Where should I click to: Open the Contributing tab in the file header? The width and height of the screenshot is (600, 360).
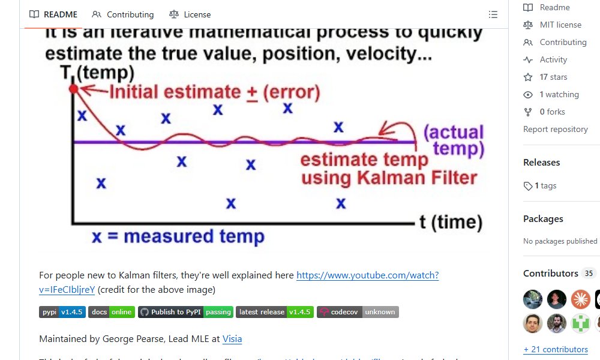[123, 14]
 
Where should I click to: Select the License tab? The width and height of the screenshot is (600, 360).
[190, 14]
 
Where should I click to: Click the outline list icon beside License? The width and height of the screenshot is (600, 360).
[493, 14]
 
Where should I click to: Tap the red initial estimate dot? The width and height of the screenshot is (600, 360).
[74, 89]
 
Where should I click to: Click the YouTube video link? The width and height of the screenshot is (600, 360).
[367, 275]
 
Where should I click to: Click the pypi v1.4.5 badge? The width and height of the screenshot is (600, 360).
[62, 312]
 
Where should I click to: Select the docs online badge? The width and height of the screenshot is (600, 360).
[112, 312]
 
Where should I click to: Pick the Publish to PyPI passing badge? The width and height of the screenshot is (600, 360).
[185, 312]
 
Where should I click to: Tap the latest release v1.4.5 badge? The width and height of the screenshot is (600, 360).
[275, 312]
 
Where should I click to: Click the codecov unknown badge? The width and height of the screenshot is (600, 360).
[358, 312]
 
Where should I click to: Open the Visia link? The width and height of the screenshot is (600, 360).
[232, 339]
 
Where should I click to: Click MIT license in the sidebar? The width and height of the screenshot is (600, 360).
[560, 25]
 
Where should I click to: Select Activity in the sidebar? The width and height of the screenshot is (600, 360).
[553, 59]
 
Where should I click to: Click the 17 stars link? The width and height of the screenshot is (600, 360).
[553, 77]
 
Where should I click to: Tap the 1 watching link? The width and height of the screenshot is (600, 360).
[558, 94]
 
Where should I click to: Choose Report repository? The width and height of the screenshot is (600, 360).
[555, 129]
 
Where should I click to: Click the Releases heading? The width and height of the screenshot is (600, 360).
[541, 163]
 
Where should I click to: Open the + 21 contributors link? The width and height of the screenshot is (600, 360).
[556, 349]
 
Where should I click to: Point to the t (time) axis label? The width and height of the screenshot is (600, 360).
[451, 222]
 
